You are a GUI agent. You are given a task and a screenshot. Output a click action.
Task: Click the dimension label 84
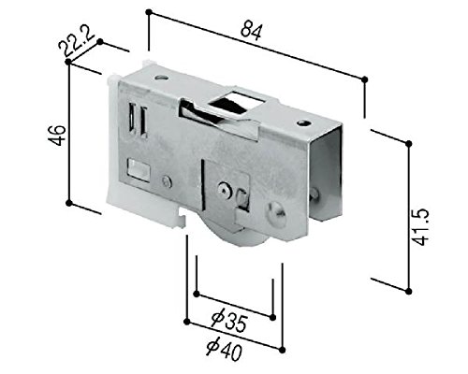point(251,30)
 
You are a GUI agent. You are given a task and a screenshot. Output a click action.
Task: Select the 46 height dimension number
point(57,136)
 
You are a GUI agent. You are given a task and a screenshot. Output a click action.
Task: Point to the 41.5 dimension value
point(420,226)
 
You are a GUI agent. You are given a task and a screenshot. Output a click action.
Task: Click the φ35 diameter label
point(229,322)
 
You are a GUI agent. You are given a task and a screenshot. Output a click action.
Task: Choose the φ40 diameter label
point(224,349)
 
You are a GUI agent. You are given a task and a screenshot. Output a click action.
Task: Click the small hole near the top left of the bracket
point(161,77)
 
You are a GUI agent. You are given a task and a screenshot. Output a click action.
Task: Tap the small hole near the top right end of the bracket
point(303,123)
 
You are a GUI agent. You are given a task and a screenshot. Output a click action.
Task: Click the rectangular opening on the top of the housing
point(237,101)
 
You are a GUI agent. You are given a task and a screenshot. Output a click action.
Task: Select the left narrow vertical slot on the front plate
point(133,118)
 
